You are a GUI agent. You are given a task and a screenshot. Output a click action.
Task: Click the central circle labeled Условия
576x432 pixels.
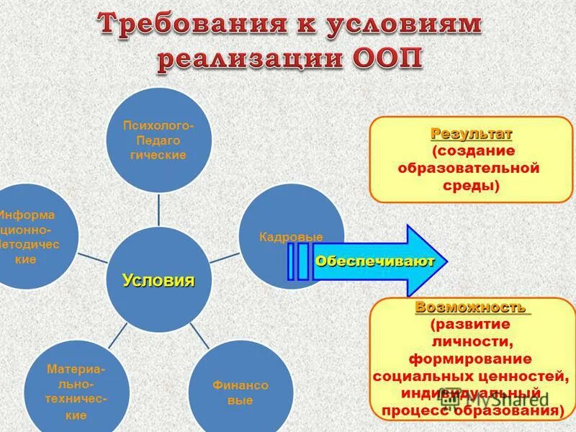[158, 280]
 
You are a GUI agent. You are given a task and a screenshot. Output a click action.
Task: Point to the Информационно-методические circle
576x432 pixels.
[29, 238]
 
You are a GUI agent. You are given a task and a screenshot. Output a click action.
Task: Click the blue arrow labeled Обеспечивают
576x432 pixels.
[374, 261]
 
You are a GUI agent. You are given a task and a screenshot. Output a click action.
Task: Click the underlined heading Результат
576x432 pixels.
[472, 134]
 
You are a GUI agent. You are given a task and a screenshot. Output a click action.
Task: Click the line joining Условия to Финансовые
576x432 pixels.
[199, 337]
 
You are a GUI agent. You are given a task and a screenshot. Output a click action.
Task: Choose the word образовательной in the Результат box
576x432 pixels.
[469, 168]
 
